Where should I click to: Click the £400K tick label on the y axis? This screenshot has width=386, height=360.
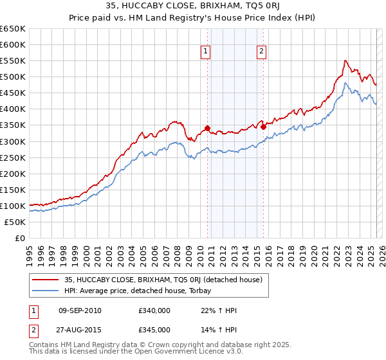click(x=12, y=109)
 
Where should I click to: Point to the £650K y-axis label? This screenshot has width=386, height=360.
click(x=12, y=29)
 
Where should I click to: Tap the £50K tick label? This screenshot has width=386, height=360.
click(x=14, y=222)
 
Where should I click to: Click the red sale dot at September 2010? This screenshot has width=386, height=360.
click(x=207, y=128)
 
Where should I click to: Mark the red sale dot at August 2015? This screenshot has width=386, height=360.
click(x=263, y=127)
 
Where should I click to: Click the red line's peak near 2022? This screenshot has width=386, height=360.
click(x=345, y=60)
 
